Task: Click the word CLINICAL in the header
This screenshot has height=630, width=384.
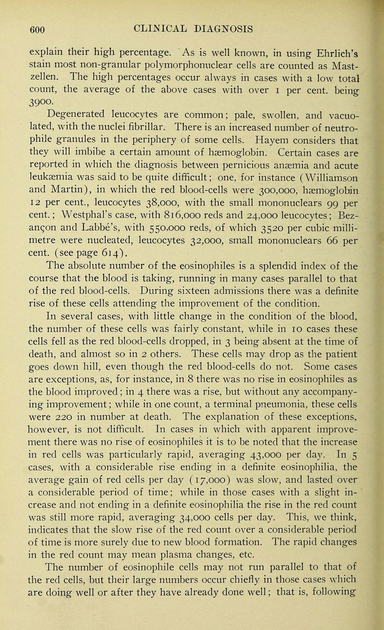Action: [x=137, y=14]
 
